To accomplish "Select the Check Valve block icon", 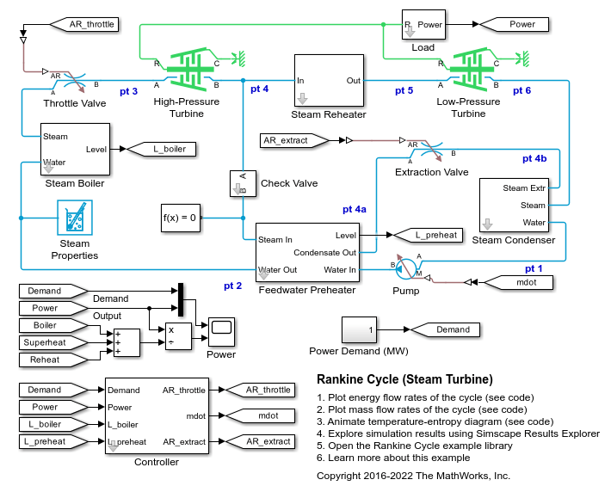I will (242, 183).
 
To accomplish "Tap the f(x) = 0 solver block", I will (181, 218).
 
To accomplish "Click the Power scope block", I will (221, 331).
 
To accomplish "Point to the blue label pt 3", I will (129, 90).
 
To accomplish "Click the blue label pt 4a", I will (355, 209).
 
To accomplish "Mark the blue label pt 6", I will (522, 90).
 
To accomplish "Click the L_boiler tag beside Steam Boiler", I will (161, 149).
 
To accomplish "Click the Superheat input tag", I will (49, 342).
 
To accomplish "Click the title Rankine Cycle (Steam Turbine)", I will (404, 379).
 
